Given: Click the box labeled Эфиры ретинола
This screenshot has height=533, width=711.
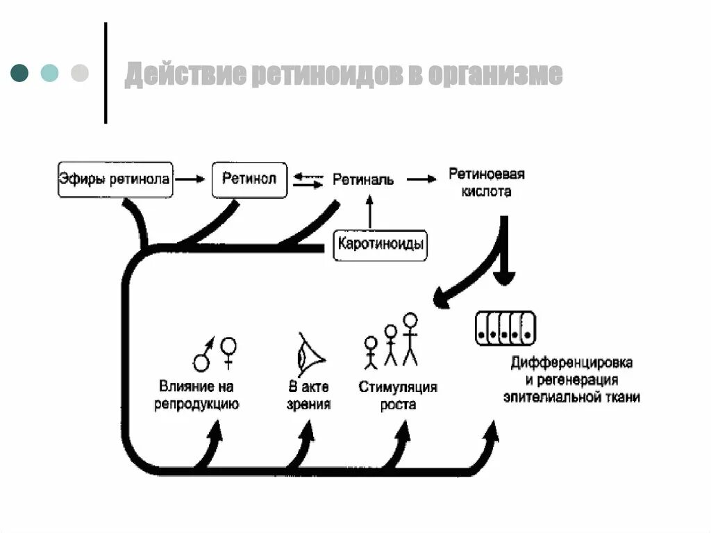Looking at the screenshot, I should (x=115, y=180).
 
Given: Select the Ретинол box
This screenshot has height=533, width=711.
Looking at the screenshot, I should (x=249, y=179).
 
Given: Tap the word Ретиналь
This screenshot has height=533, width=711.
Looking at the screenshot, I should (x=363, y=180).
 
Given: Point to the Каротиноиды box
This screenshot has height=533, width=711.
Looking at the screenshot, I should (x=380, y=245).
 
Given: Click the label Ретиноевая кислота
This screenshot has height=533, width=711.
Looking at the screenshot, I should (x=486, y=182).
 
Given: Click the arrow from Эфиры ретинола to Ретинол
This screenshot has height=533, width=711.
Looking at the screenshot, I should (x=190, y=179).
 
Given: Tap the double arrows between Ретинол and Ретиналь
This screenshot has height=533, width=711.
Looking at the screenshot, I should (x=308, y=181).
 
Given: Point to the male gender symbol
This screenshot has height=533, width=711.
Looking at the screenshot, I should (x=203, y=356).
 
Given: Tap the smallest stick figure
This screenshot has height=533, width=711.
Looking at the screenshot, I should (x=371, y=352).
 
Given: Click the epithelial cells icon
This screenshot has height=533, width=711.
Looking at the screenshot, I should (x=506, y=328).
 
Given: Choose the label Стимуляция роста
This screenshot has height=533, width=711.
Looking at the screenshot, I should (x=398, y=395).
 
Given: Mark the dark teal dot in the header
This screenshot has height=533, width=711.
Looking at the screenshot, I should (x=19, y=72).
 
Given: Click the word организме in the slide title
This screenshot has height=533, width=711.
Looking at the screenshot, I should (x=494, y=74).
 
